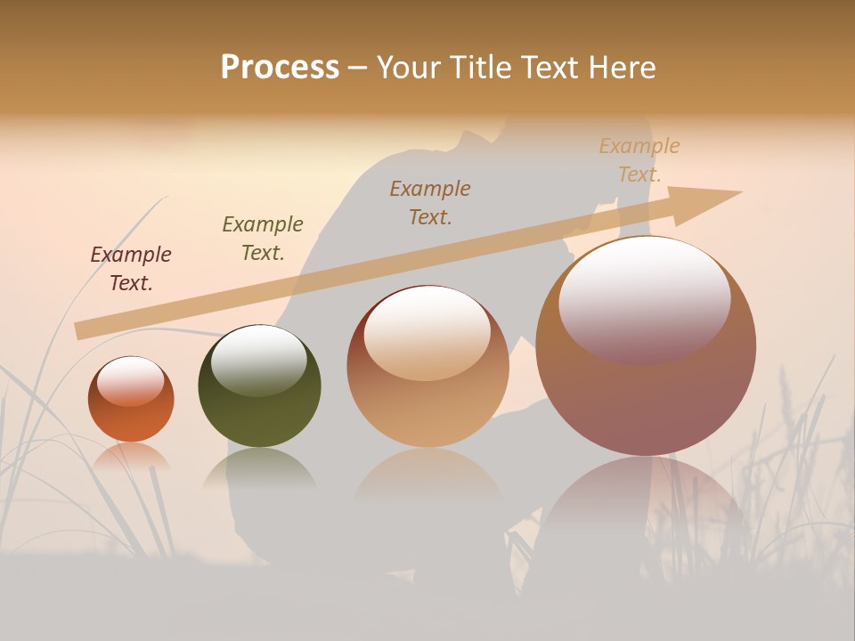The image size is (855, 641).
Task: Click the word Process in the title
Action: coord(280,68)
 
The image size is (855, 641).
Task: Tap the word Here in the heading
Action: coord(618,68)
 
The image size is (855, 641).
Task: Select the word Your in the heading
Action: coord(411,68)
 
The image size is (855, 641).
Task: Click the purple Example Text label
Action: coord(131,269)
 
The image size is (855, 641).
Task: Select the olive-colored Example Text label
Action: coord(263,239)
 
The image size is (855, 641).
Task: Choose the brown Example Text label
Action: coord(430,202)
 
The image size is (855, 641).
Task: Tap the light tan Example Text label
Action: coord(639,160)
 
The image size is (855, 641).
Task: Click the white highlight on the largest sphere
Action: coord(644,298)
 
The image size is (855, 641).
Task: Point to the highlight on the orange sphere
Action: coord(130,381)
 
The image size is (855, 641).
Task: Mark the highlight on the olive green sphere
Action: coord(259,360)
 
